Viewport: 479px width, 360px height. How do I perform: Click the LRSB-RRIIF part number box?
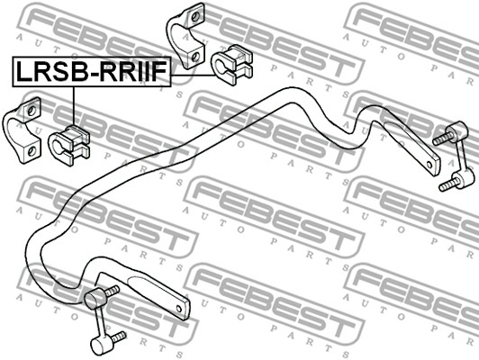click(x=92, y=72)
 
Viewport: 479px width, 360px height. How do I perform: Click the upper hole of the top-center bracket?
click(x=194, y=16)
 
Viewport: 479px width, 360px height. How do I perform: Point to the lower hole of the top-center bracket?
click(x=194, y=56)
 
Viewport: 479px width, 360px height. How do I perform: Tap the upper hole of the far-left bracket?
click(x=31, y=111)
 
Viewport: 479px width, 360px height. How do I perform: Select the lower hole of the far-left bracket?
click(x=32, y=151)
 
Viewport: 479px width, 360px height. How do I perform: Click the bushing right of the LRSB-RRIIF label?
click(x=232, y=65)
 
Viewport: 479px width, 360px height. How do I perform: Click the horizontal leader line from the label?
click(x=194, y=75)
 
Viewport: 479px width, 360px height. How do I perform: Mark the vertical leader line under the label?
click(x=74, y=106)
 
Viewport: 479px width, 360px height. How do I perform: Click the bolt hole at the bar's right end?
click(x=429, y=166)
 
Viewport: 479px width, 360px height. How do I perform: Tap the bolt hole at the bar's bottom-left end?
click(x=179, y=310)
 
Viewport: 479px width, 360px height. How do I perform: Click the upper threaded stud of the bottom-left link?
click(x=112, y=291)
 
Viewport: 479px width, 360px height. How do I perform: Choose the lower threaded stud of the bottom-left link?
click(x=118, y=337)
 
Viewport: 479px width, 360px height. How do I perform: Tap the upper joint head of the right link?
click(x=457, y=130)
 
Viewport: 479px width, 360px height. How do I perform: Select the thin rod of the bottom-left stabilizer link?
click(x=99, y=323)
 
